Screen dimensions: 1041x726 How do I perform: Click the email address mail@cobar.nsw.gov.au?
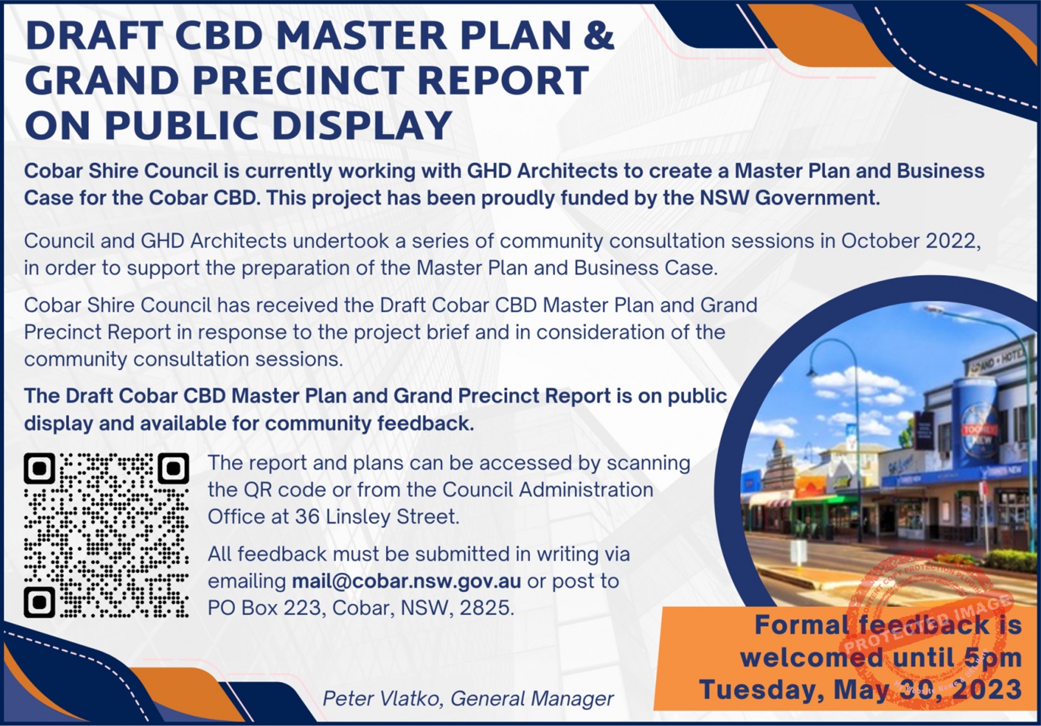click(x=406, y=581)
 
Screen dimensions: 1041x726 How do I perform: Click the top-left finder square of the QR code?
click(x=39, y=468)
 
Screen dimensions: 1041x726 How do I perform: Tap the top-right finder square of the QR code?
click(x=173, y=468)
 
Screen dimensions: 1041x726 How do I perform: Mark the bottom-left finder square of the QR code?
click(x=39, y=602)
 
